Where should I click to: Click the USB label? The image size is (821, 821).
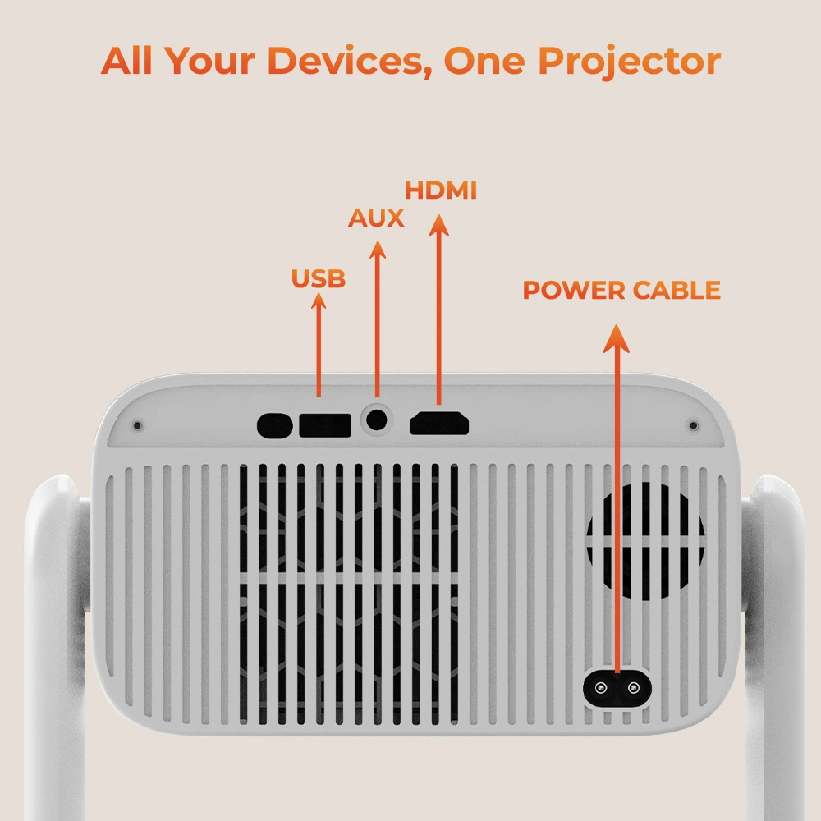point(319,278)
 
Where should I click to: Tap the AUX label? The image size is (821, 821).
point(376,218)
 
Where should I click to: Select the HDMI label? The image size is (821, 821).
point(441,190)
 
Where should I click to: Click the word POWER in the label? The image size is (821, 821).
point(574,290)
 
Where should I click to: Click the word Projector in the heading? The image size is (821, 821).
point(630,62)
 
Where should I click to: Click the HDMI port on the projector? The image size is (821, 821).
point(438,424)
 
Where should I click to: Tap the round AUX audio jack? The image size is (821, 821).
point(377,420)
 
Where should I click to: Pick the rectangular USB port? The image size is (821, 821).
point(324,425)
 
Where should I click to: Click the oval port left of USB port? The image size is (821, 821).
point(274,425)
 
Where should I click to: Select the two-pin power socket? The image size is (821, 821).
point(617,688)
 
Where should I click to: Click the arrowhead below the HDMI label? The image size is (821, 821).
point(438,225)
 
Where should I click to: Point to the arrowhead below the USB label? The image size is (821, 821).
point(319,300)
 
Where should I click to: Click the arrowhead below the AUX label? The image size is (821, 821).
point(377,250)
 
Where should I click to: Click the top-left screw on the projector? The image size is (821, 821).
point(138,425)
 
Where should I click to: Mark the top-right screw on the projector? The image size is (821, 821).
point(693,425)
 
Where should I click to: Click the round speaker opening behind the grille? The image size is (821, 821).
point(645,541)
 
